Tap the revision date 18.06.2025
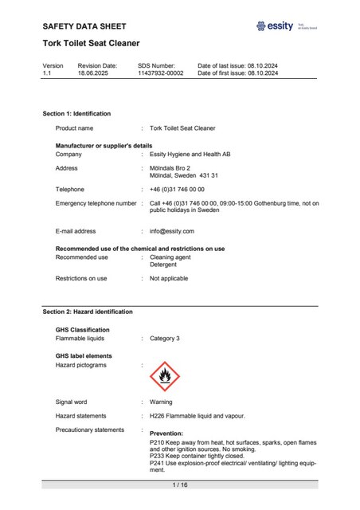(x=92, y=73)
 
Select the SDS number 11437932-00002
(x=160, y=73)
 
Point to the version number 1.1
(x=47, y=73)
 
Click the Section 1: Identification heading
(x=76, y=114)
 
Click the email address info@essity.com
(x=172, y=231)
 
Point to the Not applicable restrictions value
(x=169, y=278)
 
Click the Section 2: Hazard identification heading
(x=88, y=312)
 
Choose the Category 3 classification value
(x=166, y=338)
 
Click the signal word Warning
(x=161, y=402)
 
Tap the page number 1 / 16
(x=179, y=485)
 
